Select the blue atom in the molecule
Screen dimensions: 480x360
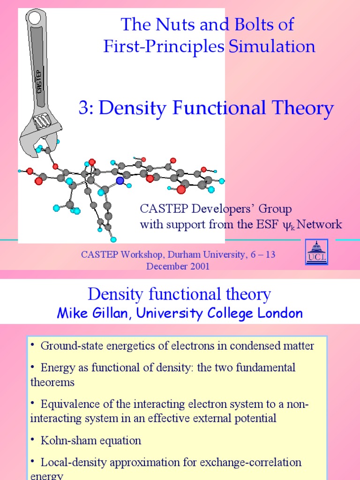[x=120, y=180]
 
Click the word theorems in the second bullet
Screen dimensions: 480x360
[x=52, y=382]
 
